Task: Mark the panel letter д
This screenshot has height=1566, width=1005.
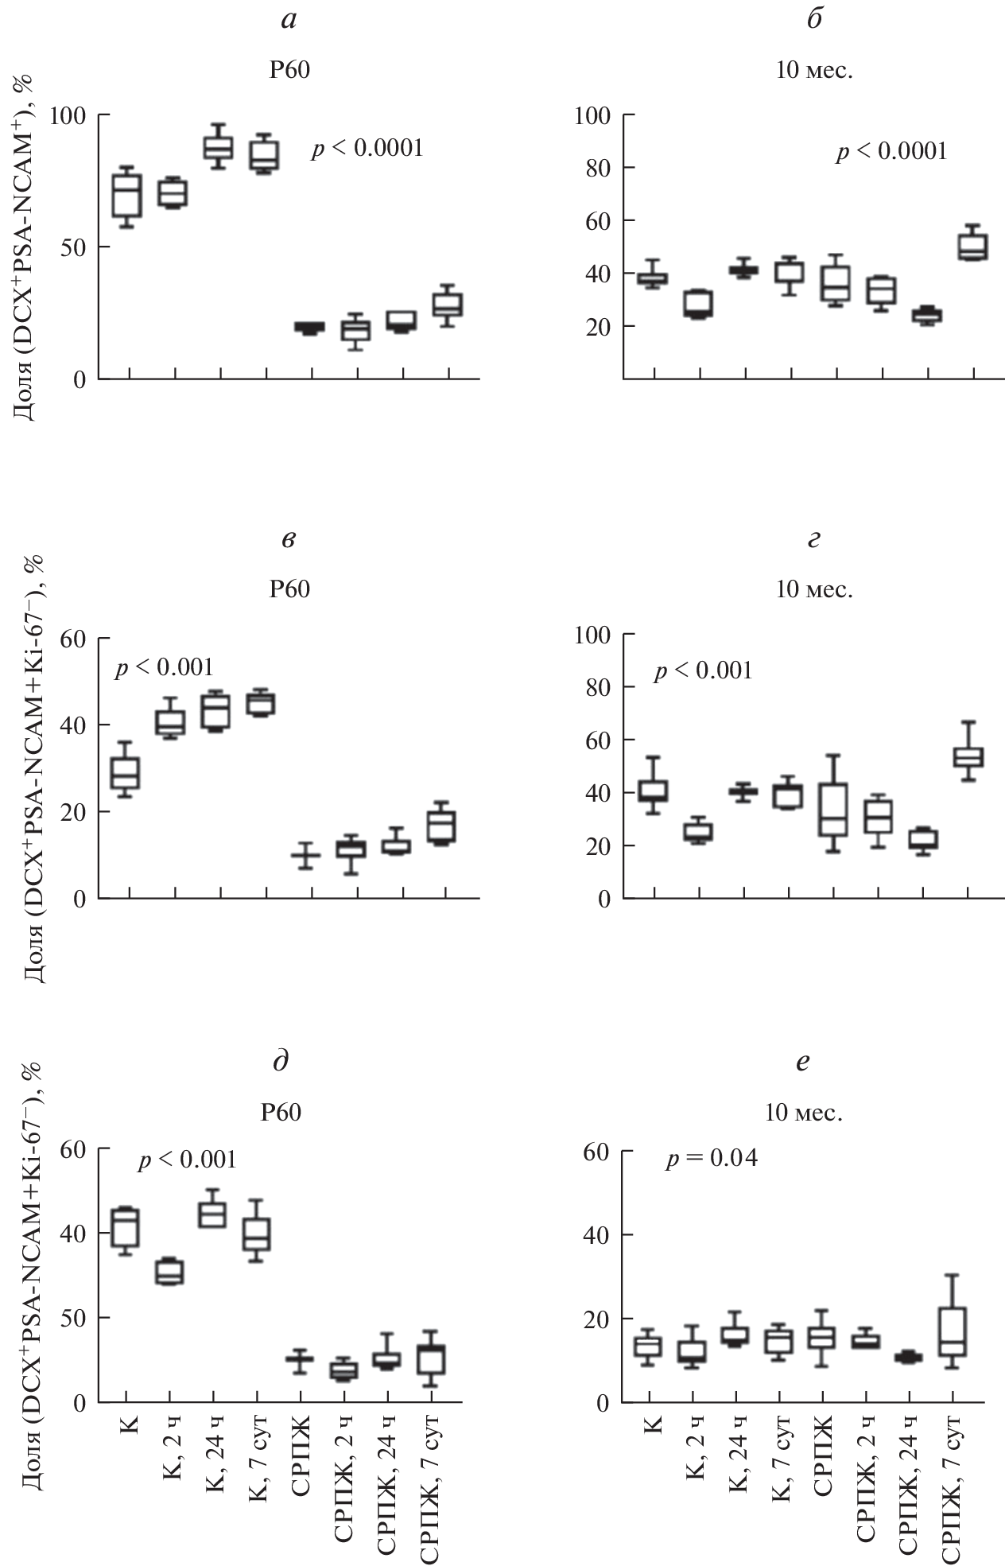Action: [x=280, y=1062]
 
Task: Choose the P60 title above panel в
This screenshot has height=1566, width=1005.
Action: [x=289, y=590]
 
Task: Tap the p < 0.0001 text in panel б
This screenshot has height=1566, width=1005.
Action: [x=891, y=151]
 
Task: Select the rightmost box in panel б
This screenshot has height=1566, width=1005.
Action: [x=972, y=247]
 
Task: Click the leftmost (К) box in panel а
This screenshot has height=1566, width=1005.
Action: [x=127, y=196]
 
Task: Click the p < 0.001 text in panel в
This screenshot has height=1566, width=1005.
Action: [x=165, y=667]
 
